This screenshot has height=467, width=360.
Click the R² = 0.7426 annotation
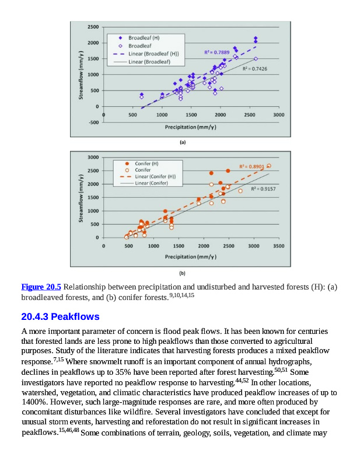(254, 69)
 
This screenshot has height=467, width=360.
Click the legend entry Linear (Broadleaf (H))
(153, 54)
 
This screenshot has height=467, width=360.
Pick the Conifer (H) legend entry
(146, 163)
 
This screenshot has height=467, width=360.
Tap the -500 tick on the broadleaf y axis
(93, 123)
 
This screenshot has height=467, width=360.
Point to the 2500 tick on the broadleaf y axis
(93, 27)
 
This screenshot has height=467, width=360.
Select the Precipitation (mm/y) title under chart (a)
(190, 127)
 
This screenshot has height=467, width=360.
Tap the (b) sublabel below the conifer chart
(183, 273)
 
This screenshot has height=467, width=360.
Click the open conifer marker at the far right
(269, 166)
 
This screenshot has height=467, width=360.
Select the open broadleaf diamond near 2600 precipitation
(256, 59)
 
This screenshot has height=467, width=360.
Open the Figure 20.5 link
(41, 287)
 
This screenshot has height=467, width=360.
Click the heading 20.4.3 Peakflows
(60, 317)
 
